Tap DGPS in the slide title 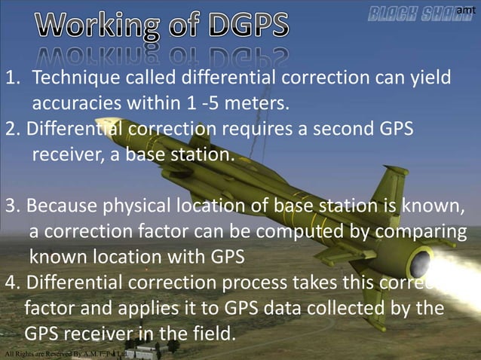click(240, 26)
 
